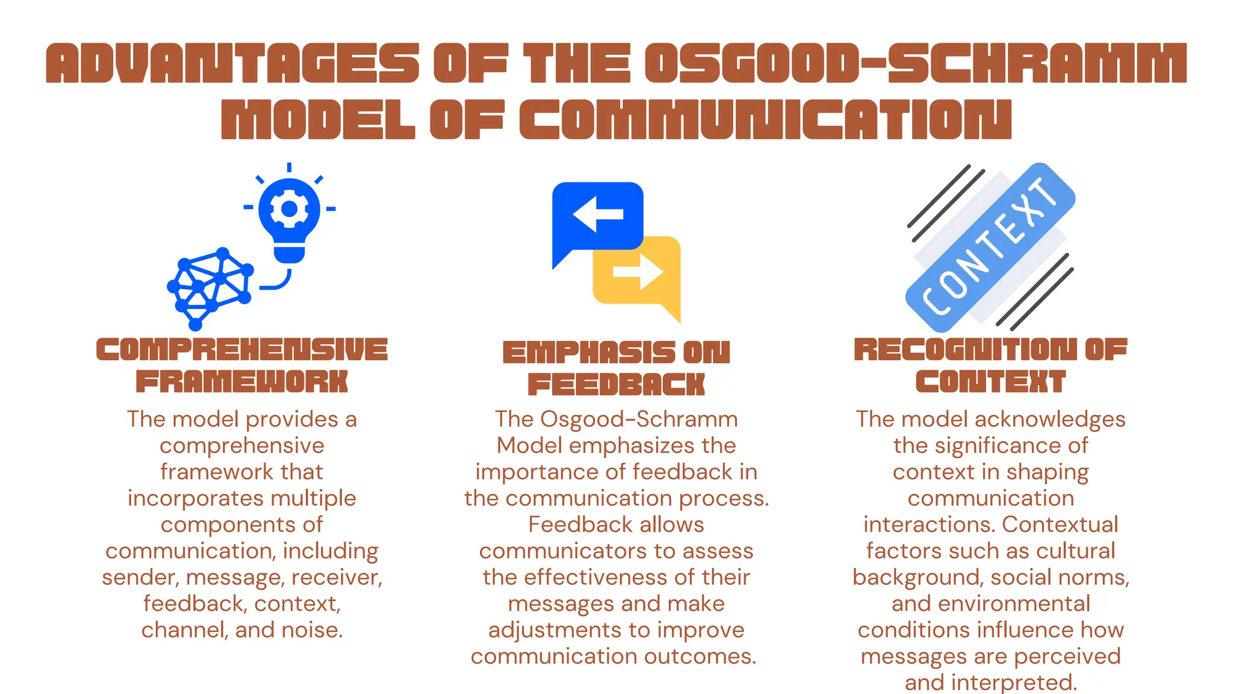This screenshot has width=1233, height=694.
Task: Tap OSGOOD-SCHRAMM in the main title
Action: coord(915,63)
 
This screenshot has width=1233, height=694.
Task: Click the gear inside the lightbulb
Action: coord(290,209)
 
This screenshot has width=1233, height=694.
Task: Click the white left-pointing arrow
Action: coord(597,214)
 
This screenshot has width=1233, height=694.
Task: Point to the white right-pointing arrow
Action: coord(638,272)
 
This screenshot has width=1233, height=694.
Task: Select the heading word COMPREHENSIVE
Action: coord(242,349)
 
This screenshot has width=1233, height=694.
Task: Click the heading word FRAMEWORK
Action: coord(242,382)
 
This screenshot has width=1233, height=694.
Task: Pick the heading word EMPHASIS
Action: coord(589,353)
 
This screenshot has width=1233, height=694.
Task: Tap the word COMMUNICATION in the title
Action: coord(765,119)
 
